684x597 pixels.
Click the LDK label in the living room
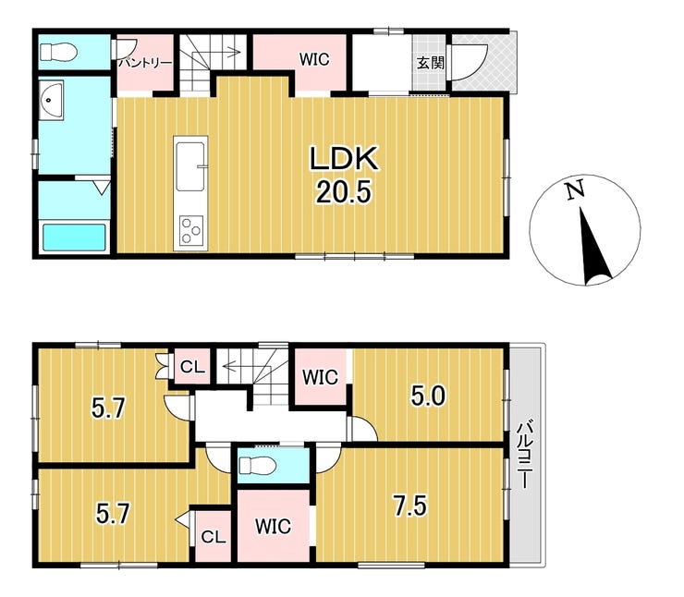tap(343, 158)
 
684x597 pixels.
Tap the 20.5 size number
tap(343, 192)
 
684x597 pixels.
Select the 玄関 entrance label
tap(430, 62)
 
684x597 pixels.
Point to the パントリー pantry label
tap(146, 62)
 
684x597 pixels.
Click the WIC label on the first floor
tap(314, 59)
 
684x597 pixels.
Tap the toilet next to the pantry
tap(58, 53)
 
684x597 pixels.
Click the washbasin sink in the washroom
tap(51, 100)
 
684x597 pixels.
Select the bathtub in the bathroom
tap(74, 238)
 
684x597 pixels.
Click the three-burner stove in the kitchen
tap(191, 231)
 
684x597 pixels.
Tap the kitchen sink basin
tap(190, 166)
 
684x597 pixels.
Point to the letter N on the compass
tap(575, 190)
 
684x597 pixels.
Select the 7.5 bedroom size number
tap(410, 506)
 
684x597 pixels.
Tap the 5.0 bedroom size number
tap(428, 396)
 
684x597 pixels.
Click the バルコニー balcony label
tap(525, 454)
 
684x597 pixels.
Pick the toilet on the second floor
tap(257, 465)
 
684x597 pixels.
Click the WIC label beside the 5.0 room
tap(320, 377)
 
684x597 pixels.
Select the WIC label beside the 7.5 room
tap(273, 527)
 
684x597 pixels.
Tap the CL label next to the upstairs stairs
tap(193, 367)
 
